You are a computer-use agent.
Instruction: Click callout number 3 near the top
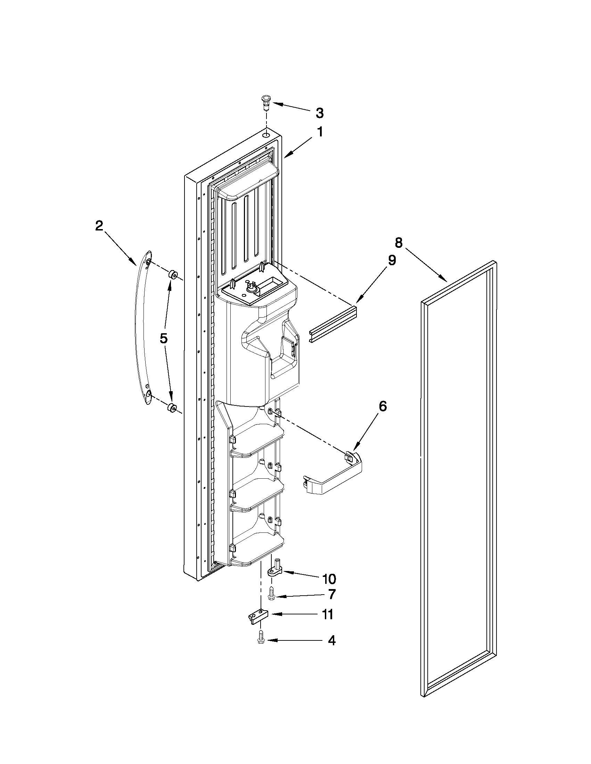[x=319, y=113]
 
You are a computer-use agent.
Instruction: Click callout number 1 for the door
[x=319, y=132]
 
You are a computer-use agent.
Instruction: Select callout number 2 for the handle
[x=99, y=226]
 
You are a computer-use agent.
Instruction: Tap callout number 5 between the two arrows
[x=164, y=338]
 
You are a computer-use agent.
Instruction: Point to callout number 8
[x=399, y=242]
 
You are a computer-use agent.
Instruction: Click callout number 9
[x=392, y=260]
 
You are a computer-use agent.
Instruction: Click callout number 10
[x=329, y=579]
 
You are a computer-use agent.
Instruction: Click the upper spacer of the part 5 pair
[x=173, y=274]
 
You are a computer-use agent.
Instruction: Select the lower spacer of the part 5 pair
[x=172, y=407]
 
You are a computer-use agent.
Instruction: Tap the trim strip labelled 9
[x=333, y=324]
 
